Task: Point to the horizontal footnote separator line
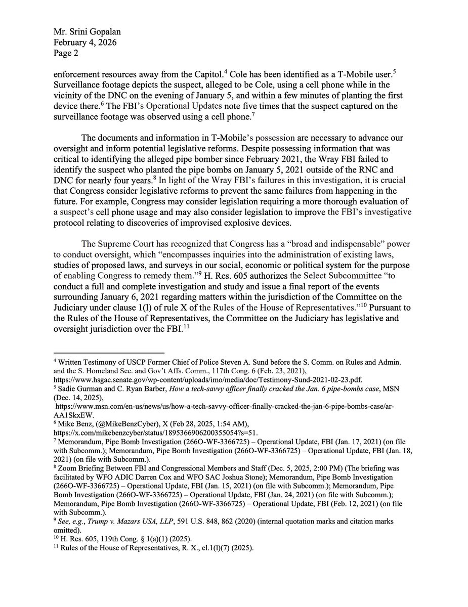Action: tap(109, 353)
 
